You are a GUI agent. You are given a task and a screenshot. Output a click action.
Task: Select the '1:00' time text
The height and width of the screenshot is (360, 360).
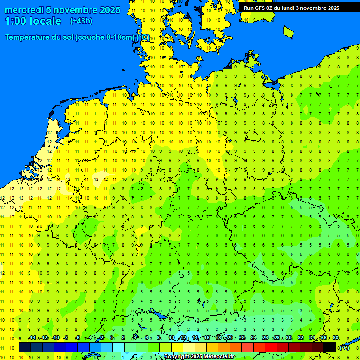coord(15,21)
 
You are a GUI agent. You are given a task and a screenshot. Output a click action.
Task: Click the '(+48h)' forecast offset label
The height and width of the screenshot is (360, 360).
coord(81,21)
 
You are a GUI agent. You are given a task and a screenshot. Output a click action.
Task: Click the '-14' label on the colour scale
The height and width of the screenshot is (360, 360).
coord(32,338)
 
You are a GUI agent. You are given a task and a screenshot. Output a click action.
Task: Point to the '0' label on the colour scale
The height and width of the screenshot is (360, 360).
coord(112,338)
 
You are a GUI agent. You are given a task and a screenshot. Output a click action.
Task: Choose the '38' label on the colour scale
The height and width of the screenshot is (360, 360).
coord(336,338)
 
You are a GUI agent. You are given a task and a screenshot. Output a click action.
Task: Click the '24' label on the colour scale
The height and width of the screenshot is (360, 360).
coord(254,338)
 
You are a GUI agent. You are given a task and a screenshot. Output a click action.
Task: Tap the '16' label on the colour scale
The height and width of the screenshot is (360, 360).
coord(207,338)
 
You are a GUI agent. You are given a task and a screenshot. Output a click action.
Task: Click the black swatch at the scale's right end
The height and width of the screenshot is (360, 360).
coord(330,347)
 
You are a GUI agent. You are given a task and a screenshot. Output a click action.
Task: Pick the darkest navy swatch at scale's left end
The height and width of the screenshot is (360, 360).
coord(25,347)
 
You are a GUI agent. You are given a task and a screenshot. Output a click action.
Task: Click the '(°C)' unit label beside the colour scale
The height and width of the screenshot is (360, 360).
coord(344,348)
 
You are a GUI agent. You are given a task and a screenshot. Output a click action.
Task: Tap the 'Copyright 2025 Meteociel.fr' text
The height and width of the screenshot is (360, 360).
coord(199,357)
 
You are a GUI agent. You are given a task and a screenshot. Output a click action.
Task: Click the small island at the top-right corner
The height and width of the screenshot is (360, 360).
coord(288,31)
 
